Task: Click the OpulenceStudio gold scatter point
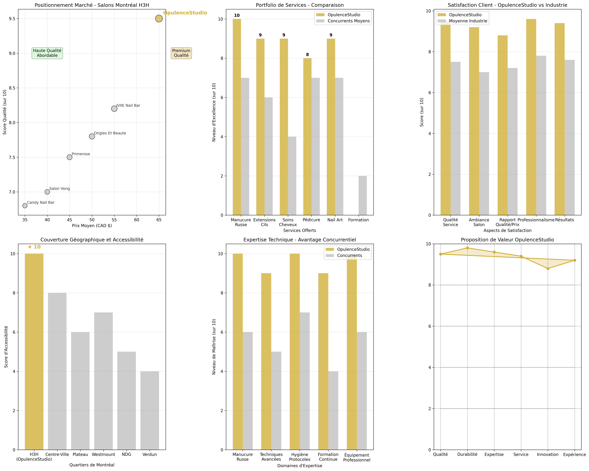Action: pos(159,19)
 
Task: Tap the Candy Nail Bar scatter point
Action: pos(25,206)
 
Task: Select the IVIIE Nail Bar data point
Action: pos(114,108)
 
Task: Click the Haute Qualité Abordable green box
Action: pos(47,53)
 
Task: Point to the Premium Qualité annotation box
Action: pos(181,53)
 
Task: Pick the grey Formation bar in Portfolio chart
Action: pos(363,195)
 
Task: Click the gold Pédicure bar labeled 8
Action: pos(307,137)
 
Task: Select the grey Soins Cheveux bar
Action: pos(292,176)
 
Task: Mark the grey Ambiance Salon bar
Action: pos(484,144)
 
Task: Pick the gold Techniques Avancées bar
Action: pos(266,361)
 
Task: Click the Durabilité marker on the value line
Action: pos(467,248)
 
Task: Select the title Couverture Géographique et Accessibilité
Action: pos(92,240)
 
